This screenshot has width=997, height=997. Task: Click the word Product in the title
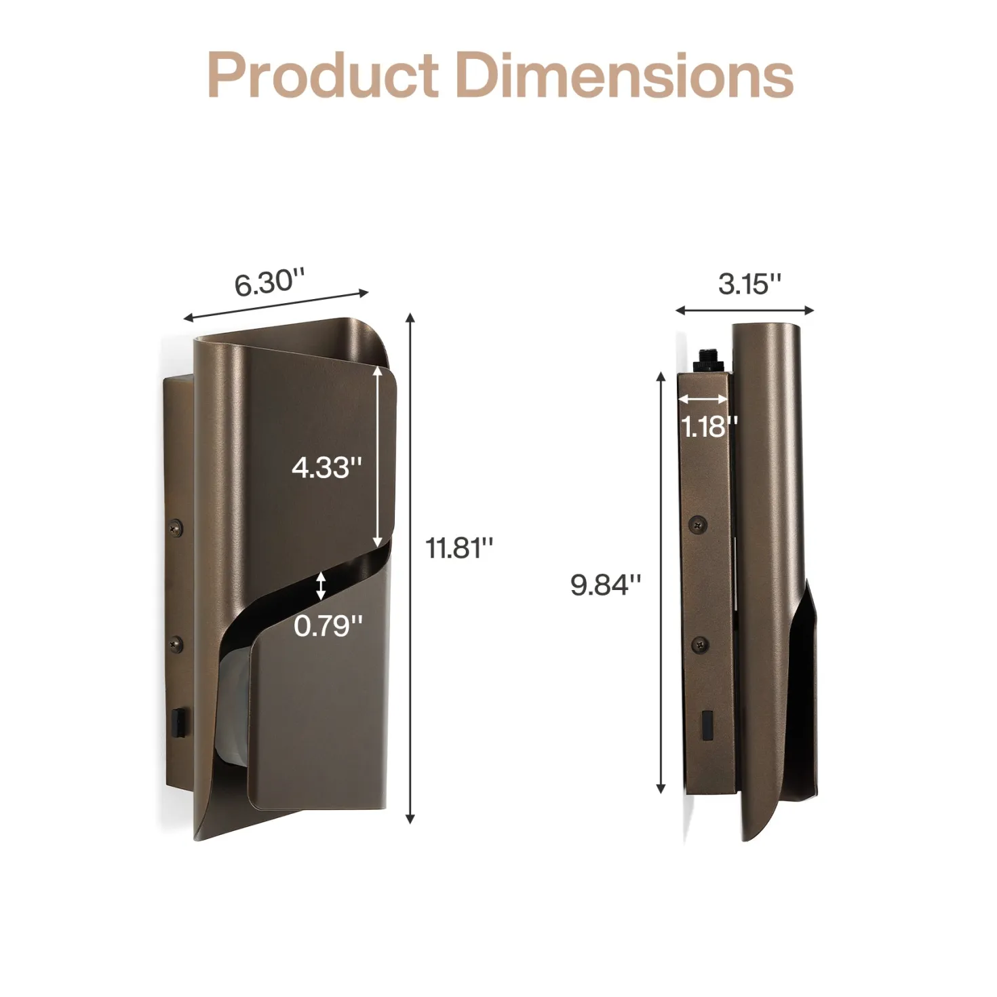pos(324,75)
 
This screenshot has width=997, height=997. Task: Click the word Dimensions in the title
pos(625,75)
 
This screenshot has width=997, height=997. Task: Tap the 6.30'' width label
pos(269,283)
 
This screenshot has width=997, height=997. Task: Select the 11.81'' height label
pos(459,548)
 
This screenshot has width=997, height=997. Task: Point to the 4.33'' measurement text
pos(326,468)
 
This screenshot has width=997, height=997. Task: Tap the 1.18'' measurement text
pos(708,427)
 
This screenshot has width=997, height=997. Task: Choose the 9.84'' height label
pos(606,585)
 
